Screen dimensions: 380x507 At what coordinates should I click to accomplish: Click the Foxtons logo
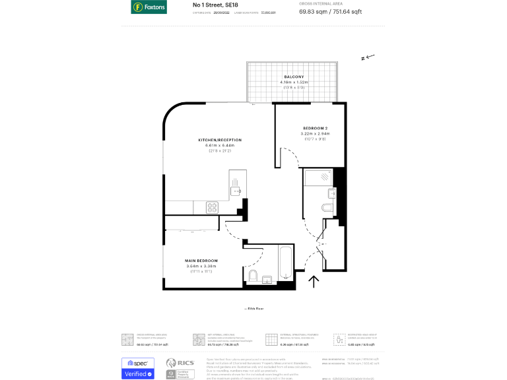149,7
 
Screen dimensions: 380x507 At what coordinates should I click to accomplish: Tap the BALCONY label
294,77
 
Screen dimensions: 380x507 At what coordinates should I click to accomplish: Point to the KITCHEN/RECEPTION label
220,140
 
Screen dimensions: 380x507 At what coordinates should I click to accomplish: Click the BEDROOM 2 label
316,127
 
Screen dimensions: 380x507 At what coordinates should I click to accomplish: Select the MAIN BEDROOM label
201,261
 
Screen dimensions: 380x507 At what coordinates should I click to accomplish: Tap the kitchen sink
236,191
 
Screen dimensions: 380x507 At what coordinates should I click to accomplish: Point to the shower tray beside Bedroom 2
318,176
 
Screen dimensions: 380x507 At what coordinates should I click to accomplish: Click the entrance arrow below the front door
314,282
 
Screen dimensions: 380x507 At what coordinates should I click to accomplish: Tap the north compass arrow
368,57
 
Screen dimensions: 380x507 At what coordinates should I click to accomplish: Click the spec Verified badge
138,369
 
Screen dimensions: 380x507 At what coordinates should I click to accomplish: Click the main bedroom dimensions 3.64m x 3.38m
201,267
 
